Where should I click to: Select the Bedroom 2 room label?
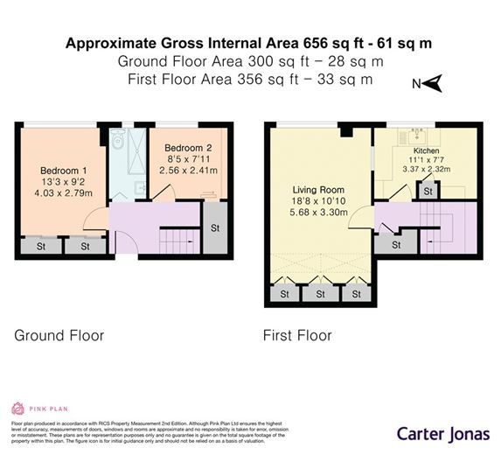[190, 148]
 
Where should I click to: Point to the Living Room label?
[317, 189]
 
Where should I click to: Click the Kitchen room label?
[427, 150]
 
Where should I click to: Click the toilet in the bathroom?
[118, 138]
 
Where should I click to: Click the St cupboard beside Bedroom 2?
[216, 227]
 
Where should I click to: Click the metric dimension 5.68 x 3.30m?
[318, 212]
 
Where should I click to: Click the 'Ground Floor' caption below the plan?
[59, 335]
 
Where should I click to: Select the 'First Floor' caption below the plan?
[297, 335]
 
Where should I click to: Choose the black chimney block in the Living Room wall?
[346, 131]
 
